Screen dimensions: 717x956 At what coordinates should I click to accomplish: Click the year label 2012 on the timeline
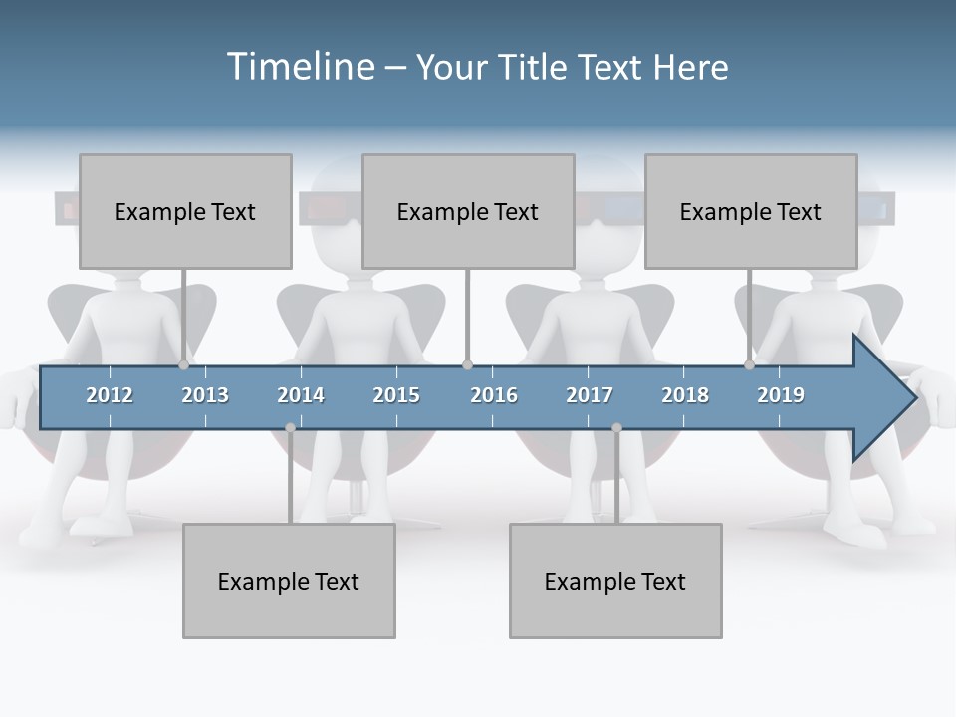[110, 395]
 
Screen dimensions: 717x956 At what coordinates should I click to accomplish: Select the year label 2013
[205, 395]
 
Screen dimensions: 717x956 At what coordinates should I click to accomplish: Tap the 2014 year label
[301, 395]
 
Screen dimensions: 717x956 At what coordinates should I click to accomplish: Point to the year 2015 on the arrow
[396, 395]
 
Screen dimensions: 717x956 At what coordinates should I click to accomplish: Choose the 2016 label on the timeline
[494, 395]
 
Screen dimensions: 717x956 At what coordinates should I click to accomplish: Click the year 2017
[590, 395]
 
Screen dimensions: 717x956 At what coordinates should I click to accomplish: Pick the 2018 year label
[685, 395]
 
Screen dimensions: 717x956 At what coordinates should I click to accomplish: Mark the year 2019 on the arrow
[781, 395]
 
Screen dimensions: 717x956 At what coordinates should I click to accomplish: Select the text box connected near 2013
[185, 211]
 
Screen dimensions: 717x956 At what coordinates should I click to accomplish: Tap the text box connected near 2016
[468, 211]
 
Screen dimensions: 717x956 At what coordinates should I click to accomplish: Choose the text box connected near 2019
[751, 211]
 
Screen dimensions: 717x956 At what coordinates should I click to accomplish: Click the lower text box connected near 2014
[289, 581]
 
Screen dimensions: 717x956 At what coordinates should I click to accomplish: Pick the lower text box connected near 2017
[615, 581]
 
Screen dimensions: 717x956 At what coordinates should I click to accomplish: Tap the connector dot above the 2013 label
[184, 365]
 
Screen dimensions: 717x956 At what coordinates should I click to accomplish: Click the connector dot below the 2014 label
[290, 428]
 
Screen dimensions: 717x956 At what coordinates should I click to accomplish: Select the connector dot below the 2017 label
[616, 428]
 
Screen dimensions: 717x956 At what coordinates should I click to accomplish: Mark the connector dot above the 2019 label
[750, 365]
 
